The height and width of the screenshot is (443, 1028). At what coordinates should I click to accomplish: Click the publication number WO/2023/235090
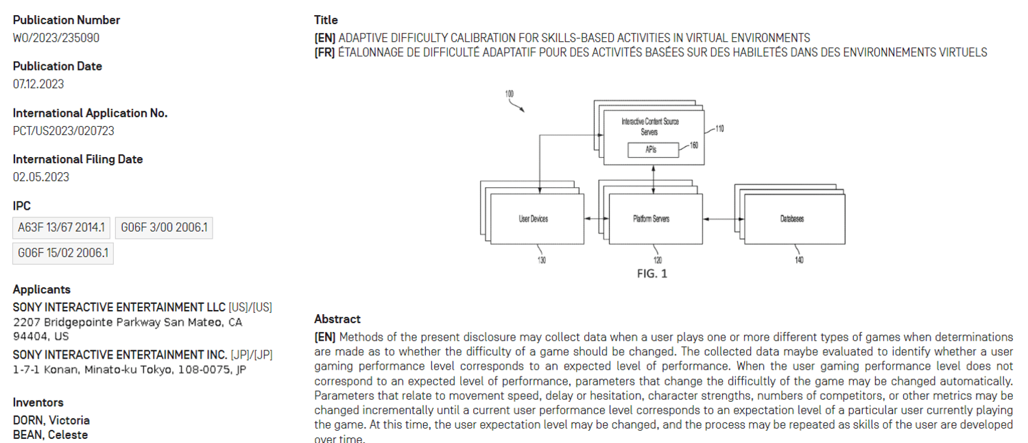[56, 38]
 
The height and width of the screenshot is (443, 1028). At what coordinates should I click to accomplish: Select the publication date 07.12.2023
[38, 84]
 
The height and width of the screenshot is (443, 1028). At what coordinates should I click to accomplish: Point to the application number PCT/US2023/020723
[64, 130]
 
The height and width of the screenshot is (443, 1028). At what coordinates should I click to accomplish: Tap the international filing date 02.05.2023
[41, 177]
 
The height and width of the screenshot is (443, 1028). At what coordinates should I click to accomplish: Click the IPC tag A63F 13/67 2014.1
[61, 227]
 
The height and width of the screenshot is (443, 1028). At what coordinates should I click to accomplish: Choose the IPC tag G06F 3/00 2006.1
[164, 227]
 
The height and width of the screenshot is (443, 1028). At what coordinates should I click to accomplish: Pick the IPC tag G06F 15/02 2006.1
[63, 253]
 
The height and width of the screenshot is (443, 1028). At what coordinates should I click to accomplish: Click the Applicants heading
[42, 289]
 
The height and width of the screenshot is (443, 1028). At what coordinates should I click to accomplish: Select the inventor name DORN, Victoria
[51, 420]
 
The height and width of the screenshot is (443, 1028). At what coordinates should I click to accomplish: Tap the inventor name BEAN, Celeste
[51, 435]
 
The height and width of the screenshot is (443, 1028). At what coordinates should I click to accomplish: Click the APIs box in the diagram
[653, 149]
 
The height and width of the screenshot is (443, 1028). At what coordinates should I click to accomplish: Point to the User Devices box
[533, 219]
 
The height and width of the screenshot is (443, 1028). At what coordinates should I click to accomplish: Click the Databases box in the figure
[791, 219]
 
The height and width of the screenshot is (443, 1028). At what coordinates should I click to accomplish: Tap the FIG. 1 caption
[652, 274]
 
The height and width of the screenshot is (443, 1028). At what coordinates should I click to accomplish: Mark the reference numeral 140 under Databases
[799, 260]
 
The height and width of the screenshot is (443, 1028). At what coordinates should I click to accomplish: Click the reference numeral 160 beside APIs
[693, 145]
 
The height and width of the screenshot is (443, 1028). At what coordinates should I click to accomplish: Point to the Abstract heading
[337, 319]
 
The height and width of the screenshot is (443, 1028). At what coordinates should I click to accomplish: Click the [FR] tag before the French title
[324, 52]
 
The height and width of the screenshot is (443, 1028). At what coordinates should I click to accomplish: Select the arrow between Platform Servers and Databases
[724, 219]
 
